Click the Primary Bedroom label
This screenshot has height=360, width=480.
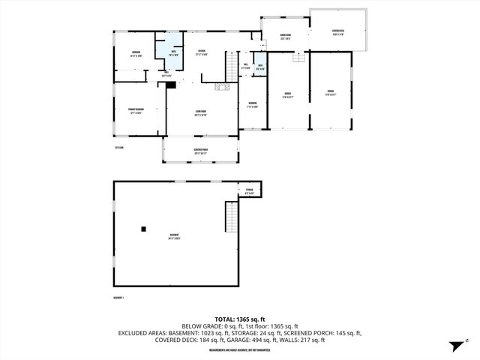136,110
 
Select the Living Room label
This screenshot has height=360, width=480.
200,115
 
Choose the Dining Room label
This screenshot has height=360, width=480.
286,37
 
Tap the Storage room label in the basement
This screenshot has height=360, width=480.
249,192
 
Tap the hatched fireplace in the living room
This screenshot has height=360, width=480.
220,87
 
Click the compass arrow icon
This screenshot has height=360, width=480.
454,346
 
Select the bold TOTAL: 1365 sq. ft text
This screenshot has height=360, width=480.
240,319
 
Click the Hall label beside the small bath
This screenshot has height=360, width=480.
246,66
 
